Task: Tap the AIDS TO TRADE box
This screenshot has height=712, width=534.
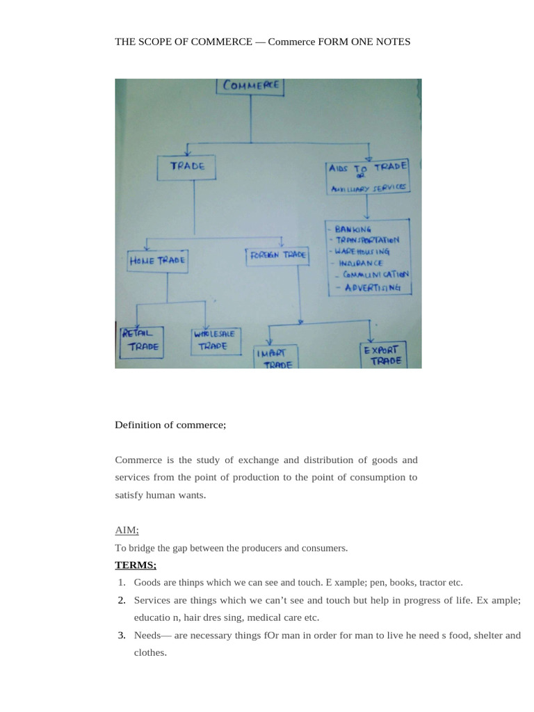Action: (368, 177)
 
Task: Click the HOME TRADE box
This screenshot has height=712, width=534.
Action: (157, 260)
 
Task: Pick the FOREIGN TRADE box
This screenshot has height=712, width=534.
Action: (277, 255)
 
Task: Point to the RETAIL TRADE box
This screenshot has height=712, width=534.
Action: (141, 340)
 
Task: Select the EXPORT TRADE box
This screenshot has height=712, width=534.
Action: (382, 355)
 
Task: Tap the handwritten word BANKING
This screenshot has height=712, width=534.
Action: (353, 229)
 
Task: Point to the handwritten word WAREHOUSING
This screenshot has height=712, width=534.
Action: (363, 252)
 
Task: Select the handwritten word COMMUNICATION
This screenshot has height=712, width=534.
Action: (375, 275)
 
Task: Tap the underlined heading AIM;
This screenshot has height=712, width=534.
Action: (127, 530)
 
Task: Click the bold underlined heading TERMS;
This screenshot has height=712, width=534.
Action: (136, 565)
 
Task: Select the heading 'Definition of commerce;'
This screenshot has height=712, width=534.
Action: (170, 425)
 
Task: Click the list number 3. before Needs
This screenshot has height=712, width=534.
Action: (121, 635)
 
